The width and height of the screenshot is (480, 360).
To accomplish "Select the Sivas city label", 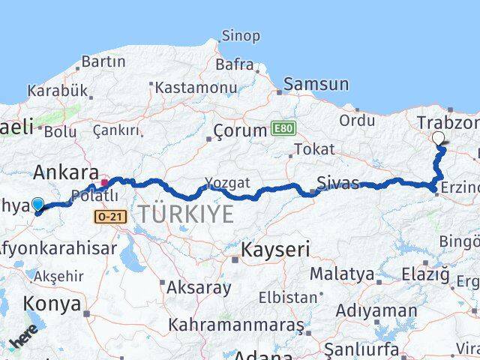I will point(338,181).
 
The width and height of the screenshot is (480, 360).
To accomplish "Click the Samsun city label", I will point(316,85).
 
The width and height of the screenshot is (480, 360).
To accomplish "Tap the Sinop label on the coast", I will point(240,35).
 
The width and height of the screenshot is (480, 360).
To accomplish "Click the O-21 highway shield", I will point(110,216).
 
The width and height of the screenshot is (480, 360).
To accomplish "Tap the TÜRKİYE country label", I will point(184,214).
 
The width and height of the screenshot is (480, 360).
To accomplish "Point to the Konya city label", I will point(52,304).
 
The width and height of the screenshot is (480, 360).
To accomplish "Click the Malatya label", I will point(341,274).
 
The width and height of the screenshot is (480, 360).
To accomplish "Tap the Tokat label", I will point(314,149).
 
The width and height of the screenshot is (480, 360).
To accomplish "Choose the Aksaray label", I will point(199,286).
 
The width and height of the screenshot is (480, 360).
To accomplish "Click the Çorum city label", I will point(240,130).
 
